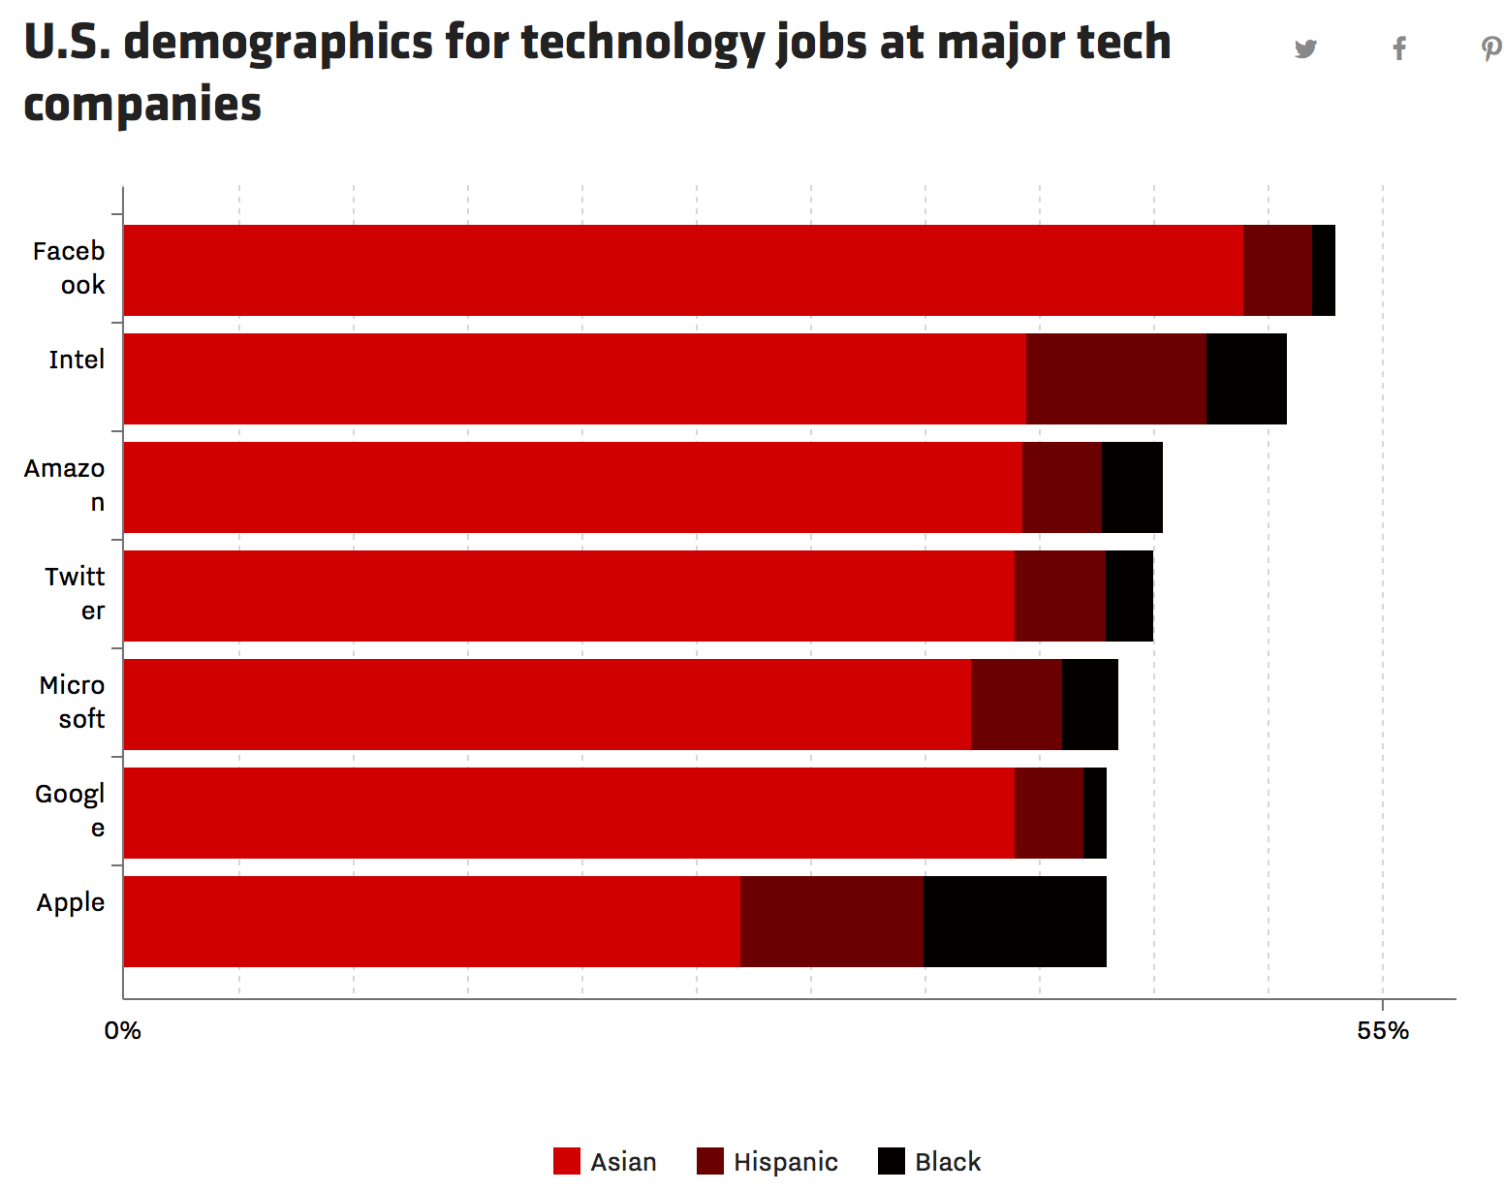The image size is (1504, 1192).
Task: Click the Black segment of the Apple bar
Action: pyautogui.click(x=1015, y=921)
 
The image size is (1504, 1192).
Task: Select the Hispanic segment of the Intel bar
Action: pyautogui.click(x=1116, y=379)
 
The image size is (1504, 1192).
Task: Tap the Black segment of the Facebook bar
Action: pyautogui.click(x=1323, y=270)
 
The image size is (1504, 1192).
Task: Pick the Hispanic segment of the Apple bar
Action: pyautogui.click(x=831, y=921)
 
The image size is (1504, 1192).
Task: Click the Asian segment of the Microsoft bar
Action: pyautogui.click(x=548, y=705)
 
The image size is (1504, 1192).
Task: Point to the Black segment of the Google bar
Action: pyautogui.click(x=1094, y=813)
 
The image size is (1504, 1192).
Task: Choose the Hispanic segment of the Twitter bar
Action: pyautogui.click(x=1060, y=596)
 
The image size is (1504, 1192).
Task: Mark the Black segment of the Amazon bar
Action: pyautogui.click(x=1132, y=487)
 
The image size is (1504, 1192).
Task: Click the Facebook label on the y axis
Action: pyautogui.click(x=69, y=267)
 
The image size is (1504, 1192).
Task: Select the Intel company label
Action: pyautogui.click(x=77, y=360)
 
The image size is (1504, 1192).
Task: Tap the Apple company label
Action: pyautogui.click(x=71, y=902)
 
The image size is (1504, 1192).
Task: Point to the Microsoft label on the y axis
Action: pyautogui.click(x=73, y=702)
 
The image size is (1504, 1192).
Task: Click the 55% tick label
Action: pyautogui.click(x=1383, y=1031)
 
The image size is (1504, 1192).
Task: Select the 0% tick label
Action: pyautogui.click(x=123, y=1031)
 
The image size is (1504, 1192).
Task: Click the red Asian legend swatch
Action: pyautogui.click(x=567, y=1161)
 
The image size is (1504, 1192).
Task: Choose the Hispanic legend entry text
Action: pyautogui.click(x=785, y=1162)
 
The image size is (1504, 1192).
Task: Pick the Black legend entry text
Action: pyautogui.click(x=948, y=1162)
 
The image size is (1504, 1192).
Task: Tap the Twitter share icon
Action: pyautogui.click(x=1305, y=48)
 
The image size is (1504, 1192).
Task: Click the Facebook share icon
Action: pyautogui.click(x=1399, y=48)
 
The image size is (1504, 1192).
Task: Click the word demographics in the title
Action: pyautogui.click(x=278, y=43)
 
